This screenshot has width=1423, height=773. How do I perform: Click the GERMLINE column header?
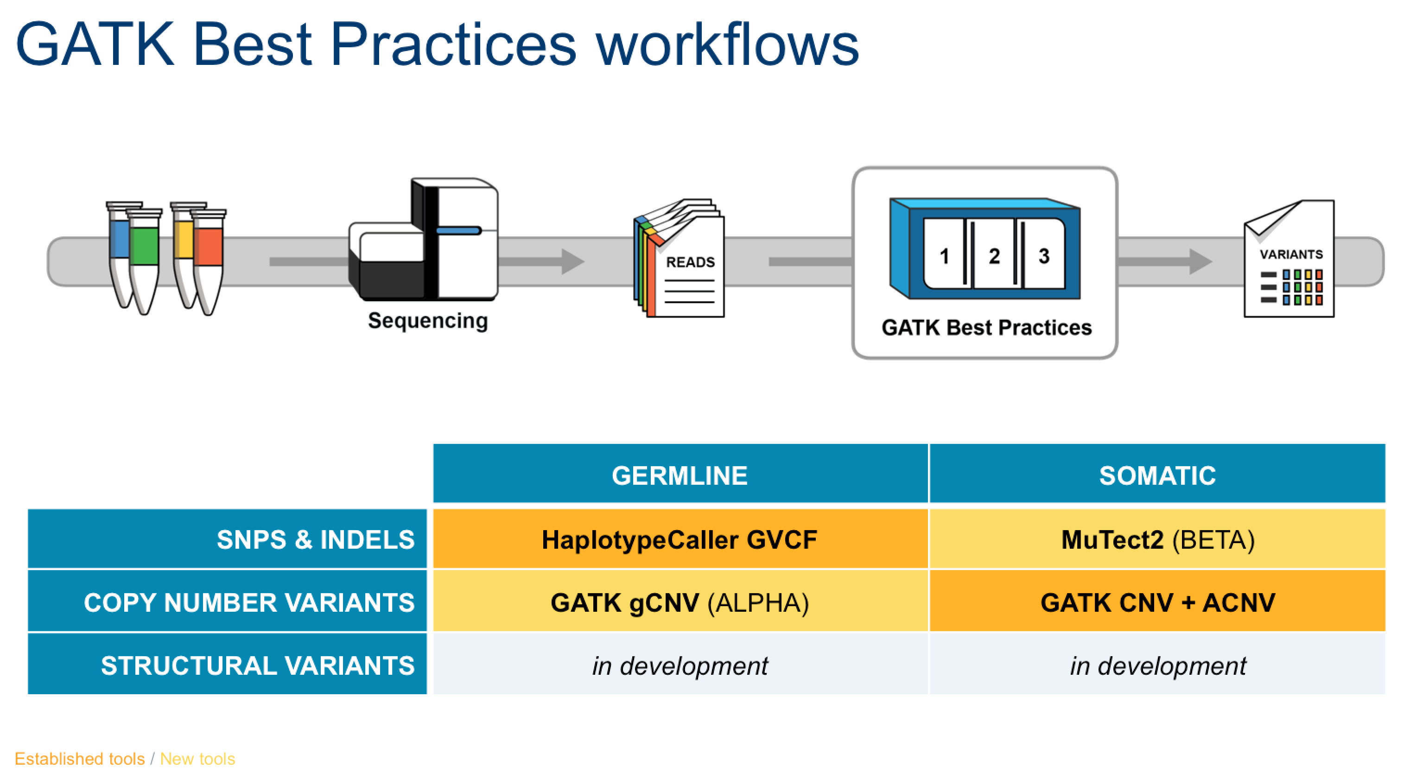coord(680,474)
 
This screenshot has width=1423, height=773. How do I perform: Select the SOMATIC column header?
coord(1157,474)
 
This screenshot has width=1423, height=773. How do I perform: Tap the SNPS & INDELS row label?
coord(227,539)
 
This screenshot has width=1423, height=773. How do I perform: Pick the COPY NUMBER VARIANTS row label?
coord(227,601)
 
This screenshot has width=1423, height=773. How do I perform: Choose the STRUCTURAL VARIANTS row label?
coord(227,664)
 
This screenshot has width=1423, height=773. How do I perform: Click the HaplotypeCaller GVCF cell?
coord(680,539)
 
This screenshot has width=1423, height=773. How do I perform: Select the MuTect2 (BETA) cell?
coord(1157,539)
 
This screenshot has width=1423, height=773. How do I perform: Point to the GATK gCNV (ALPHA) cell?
coord(680,601)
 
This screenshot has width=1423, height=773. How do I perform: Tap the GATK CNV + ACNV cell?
coord(1157,601)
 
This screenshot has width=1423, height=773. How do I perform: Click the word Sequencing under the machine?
coord(428,321)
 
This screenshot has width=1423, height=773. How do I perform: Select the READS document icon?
coord(680,258)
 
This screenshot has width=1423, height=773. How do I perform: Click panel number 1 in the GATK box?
coord(944,255)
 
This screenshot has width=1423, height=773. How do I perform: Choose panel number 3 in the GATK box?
coord(1043,255)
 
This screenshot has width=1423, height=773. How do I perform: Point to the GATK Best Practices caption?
coord(987,328)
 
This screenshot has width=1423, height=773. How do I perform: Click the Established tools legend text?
coord(80,759)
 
